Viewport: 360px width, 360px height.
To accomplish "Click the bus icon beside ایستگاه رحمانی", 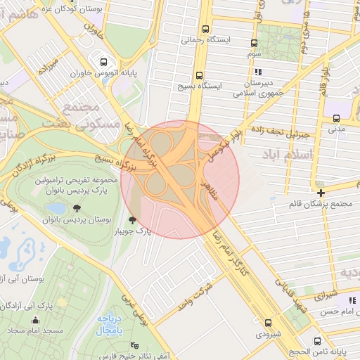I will tap(205, 30).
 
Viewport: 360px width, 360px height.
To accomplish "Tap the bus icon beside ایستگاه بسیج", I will tap(200, 75).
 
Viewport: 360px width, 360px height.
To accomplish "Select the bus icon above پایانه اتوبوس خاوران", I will tap(104, 61).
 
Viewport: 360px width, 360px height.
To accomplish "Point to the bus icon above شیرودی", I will tap(268, 323).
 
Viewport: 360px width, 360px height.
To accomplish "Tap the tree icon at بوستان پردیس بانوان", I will tap(76, 209).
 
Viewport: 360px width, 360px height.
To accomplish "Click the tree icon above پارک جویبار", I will tap(134, 221).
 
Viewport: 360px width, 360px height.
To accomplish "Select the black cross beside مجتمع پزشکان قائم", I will tap(321, 193).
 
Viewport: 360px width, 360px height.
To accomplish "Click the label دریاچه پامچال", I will tap(109, 323).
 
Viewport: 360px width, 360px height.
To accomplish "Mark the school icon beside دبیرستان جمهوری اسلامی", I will tap(258, 72).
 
